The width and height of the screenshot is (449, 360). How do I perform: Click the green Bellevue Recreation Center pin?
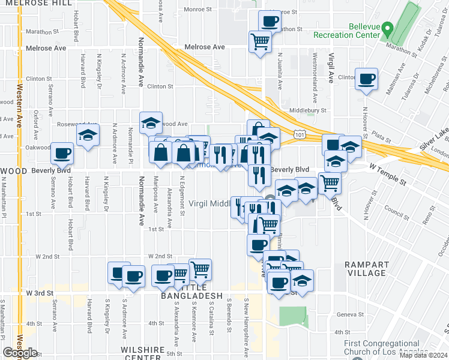[x=388, y=28]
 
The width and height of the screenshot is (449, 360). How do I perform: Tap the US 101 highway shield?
[x=300, y=135]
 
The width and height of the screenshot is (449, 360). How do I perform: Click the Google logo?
[x=20, y=353]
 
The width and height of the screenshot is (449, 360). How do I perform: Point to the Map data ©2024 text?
[x=423, y=355]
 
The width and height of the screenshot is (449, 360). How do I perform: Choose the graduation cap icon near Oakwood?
[x=88, y=134]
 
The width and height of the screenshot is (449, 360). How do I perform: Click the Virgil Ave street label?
[x=331, y=68]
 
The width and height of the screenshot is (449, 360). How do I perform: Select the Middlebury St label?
[x=307, y=110]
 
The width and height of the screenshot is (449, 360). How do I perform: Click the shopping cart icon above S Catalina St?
[x=200, y=269]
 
